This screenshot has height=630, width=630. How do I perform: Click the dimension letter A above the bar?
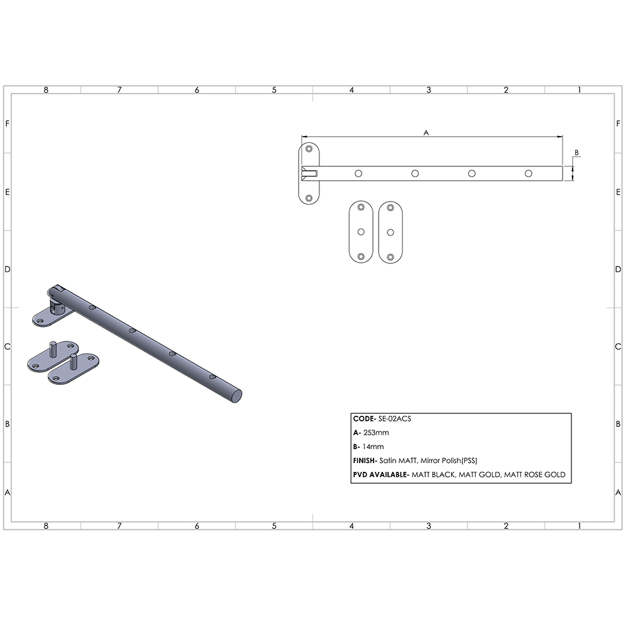click(426, 132)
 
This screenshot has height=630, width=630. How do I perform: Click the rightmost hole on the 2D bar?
click(529, 173)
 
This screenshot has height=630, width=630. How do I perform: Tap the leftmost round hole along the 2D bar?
click(358, 173)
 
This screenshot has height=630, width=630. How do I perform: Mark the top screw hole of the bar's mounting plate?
click(309, 149)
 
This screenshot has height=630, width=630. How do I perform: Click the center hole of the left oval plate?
click(361, 232)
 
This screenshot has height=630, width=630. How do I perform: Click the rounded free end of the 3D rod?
click(238, 395)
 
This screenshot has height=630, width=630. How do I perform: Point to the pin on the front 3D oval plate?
click(74, 362)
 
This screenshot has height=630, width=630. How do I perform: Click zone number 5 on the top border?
click(274, 90)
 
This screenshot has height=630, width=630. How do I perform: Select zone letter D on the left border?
click(7, 269)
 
